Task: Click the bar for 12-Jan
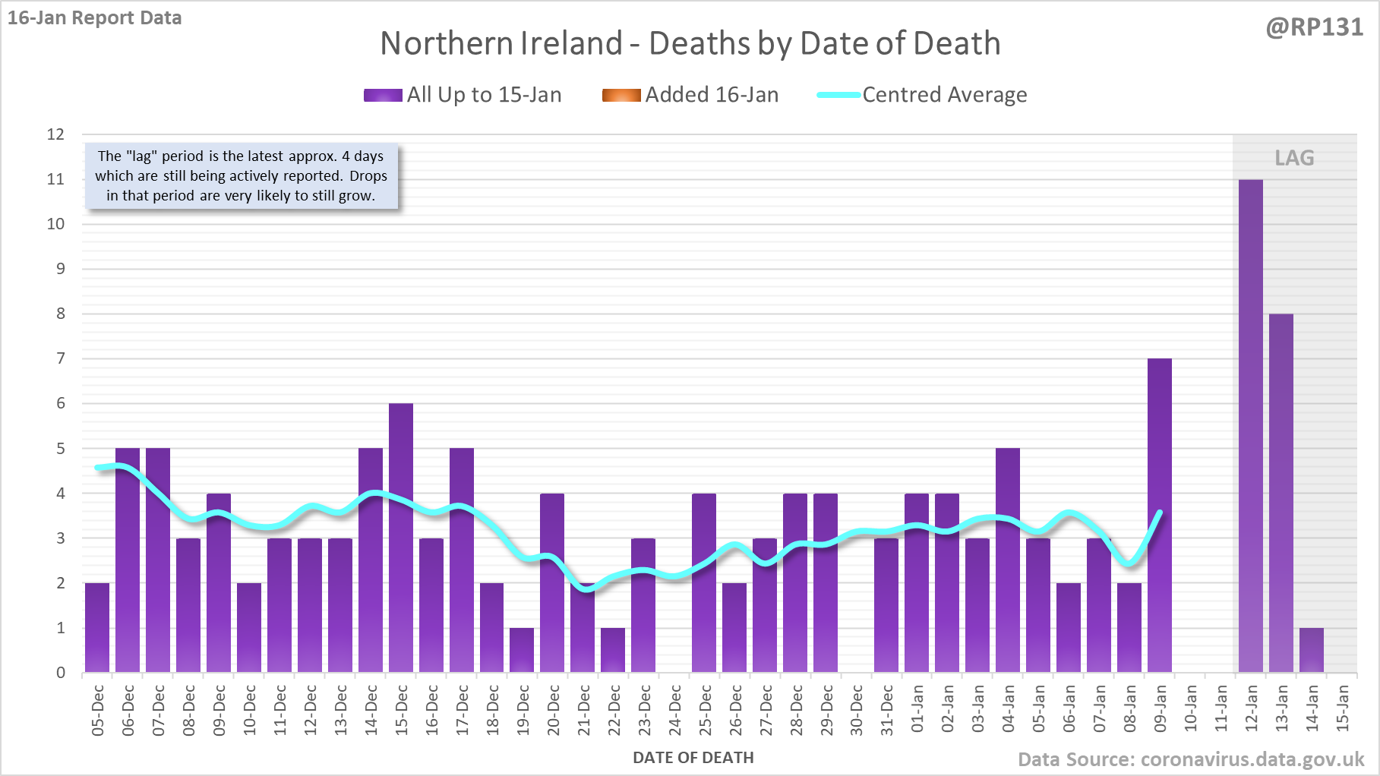coord(1250,425)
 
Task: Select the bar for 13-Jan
coord(1281,494)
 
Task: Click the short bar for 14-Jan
coord(1311,651)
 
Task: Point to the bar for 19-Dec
coord(522,651)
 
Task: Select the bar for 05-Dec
coord(97,628)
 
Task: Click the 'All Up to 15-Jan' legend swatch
coord(383,95)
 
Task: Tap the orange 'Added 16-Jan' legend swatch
coord(621,95)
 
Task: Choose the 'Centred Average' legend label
coord(944,95)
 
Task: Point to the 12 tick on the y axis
coord(55,134)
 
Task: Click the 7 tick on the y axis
coord(61,358)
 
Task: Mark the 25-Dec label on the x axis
coord(705,710)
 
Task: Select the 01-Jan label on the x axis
coord(917,710)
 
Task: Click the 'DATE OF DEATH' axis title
coord(693,757)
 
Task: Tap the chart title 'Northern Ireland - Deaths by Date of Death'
coord(690,43)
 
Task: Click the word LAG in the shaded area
coord(1294,158)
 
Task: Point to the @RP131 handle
coord(1314,27)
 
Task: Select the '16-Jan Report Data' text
coord(95,17)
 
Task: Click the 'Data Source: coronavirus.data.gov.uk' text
coord(1190,759)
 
